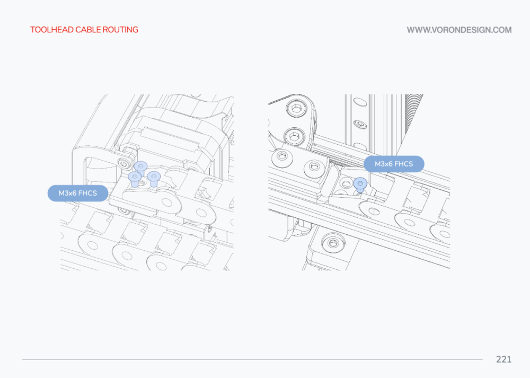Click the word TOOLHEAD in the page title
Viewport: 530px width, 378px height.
point(52,30)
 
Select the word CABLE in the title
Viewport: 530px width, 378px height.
point(88,30)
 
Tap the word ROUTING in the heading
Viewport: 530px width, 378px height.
point(120,30)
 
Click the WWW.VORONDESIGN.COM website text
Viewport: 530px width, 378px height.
point(459,30)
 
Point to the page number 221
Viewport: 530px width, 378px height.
point(503,359)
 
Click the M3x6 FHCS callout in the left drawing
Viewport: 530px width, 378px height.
point(78,193)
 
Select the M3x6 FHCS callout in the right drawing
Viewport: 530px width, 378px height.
point(394,164)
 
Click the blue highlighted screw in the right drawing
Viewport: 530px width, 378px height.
point(360,184)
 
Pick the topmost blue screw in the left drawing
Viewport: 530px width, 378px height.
point(140,168)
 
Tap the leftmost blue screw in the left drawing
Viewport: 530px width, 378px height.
point(135,179)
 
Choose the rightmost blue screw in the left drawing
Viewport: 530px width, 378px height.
point(154,178)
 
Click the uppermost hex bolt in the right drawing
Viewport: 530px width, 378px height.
point(296,108)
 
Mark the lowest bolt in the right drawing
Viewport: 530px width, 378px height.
point(333,243)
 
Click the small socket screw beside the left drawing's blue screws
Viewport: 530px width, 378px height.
point(125,164)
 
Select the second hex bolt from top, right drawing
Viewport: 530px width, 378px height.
point(295,137)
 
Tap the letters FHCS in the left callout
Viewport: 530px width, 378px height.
point(87,193)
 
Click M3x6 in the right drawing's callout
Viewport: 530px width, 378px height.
point(383,164)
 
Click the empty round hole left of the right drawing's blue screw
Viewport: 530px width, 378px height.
point(346,184)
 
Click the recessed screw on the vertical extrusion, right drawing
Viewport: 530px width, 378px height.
point(361,125)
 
